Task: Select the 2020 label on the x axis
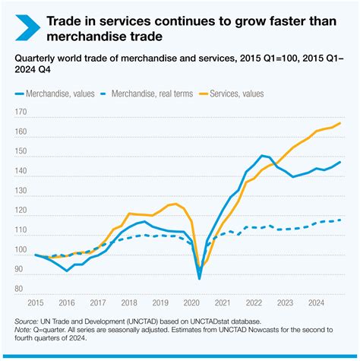pyautogui.click(x=198, y=301)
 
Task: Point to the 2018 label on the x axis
pyautogui.click(x=134, y=301)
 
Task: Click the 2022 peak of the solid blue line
pyautogui.click(x=261, y=156)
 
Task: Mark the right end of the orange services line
pyautogui.click(x=339, y=123)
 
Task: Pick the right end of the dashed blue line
pyautogui.click(x=339, y=220)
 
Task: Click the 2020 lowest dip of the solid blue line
pyautogui.click(x=200, y=278)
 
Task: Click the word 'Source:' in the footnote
pyautogui.click(x=30, y=322)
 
